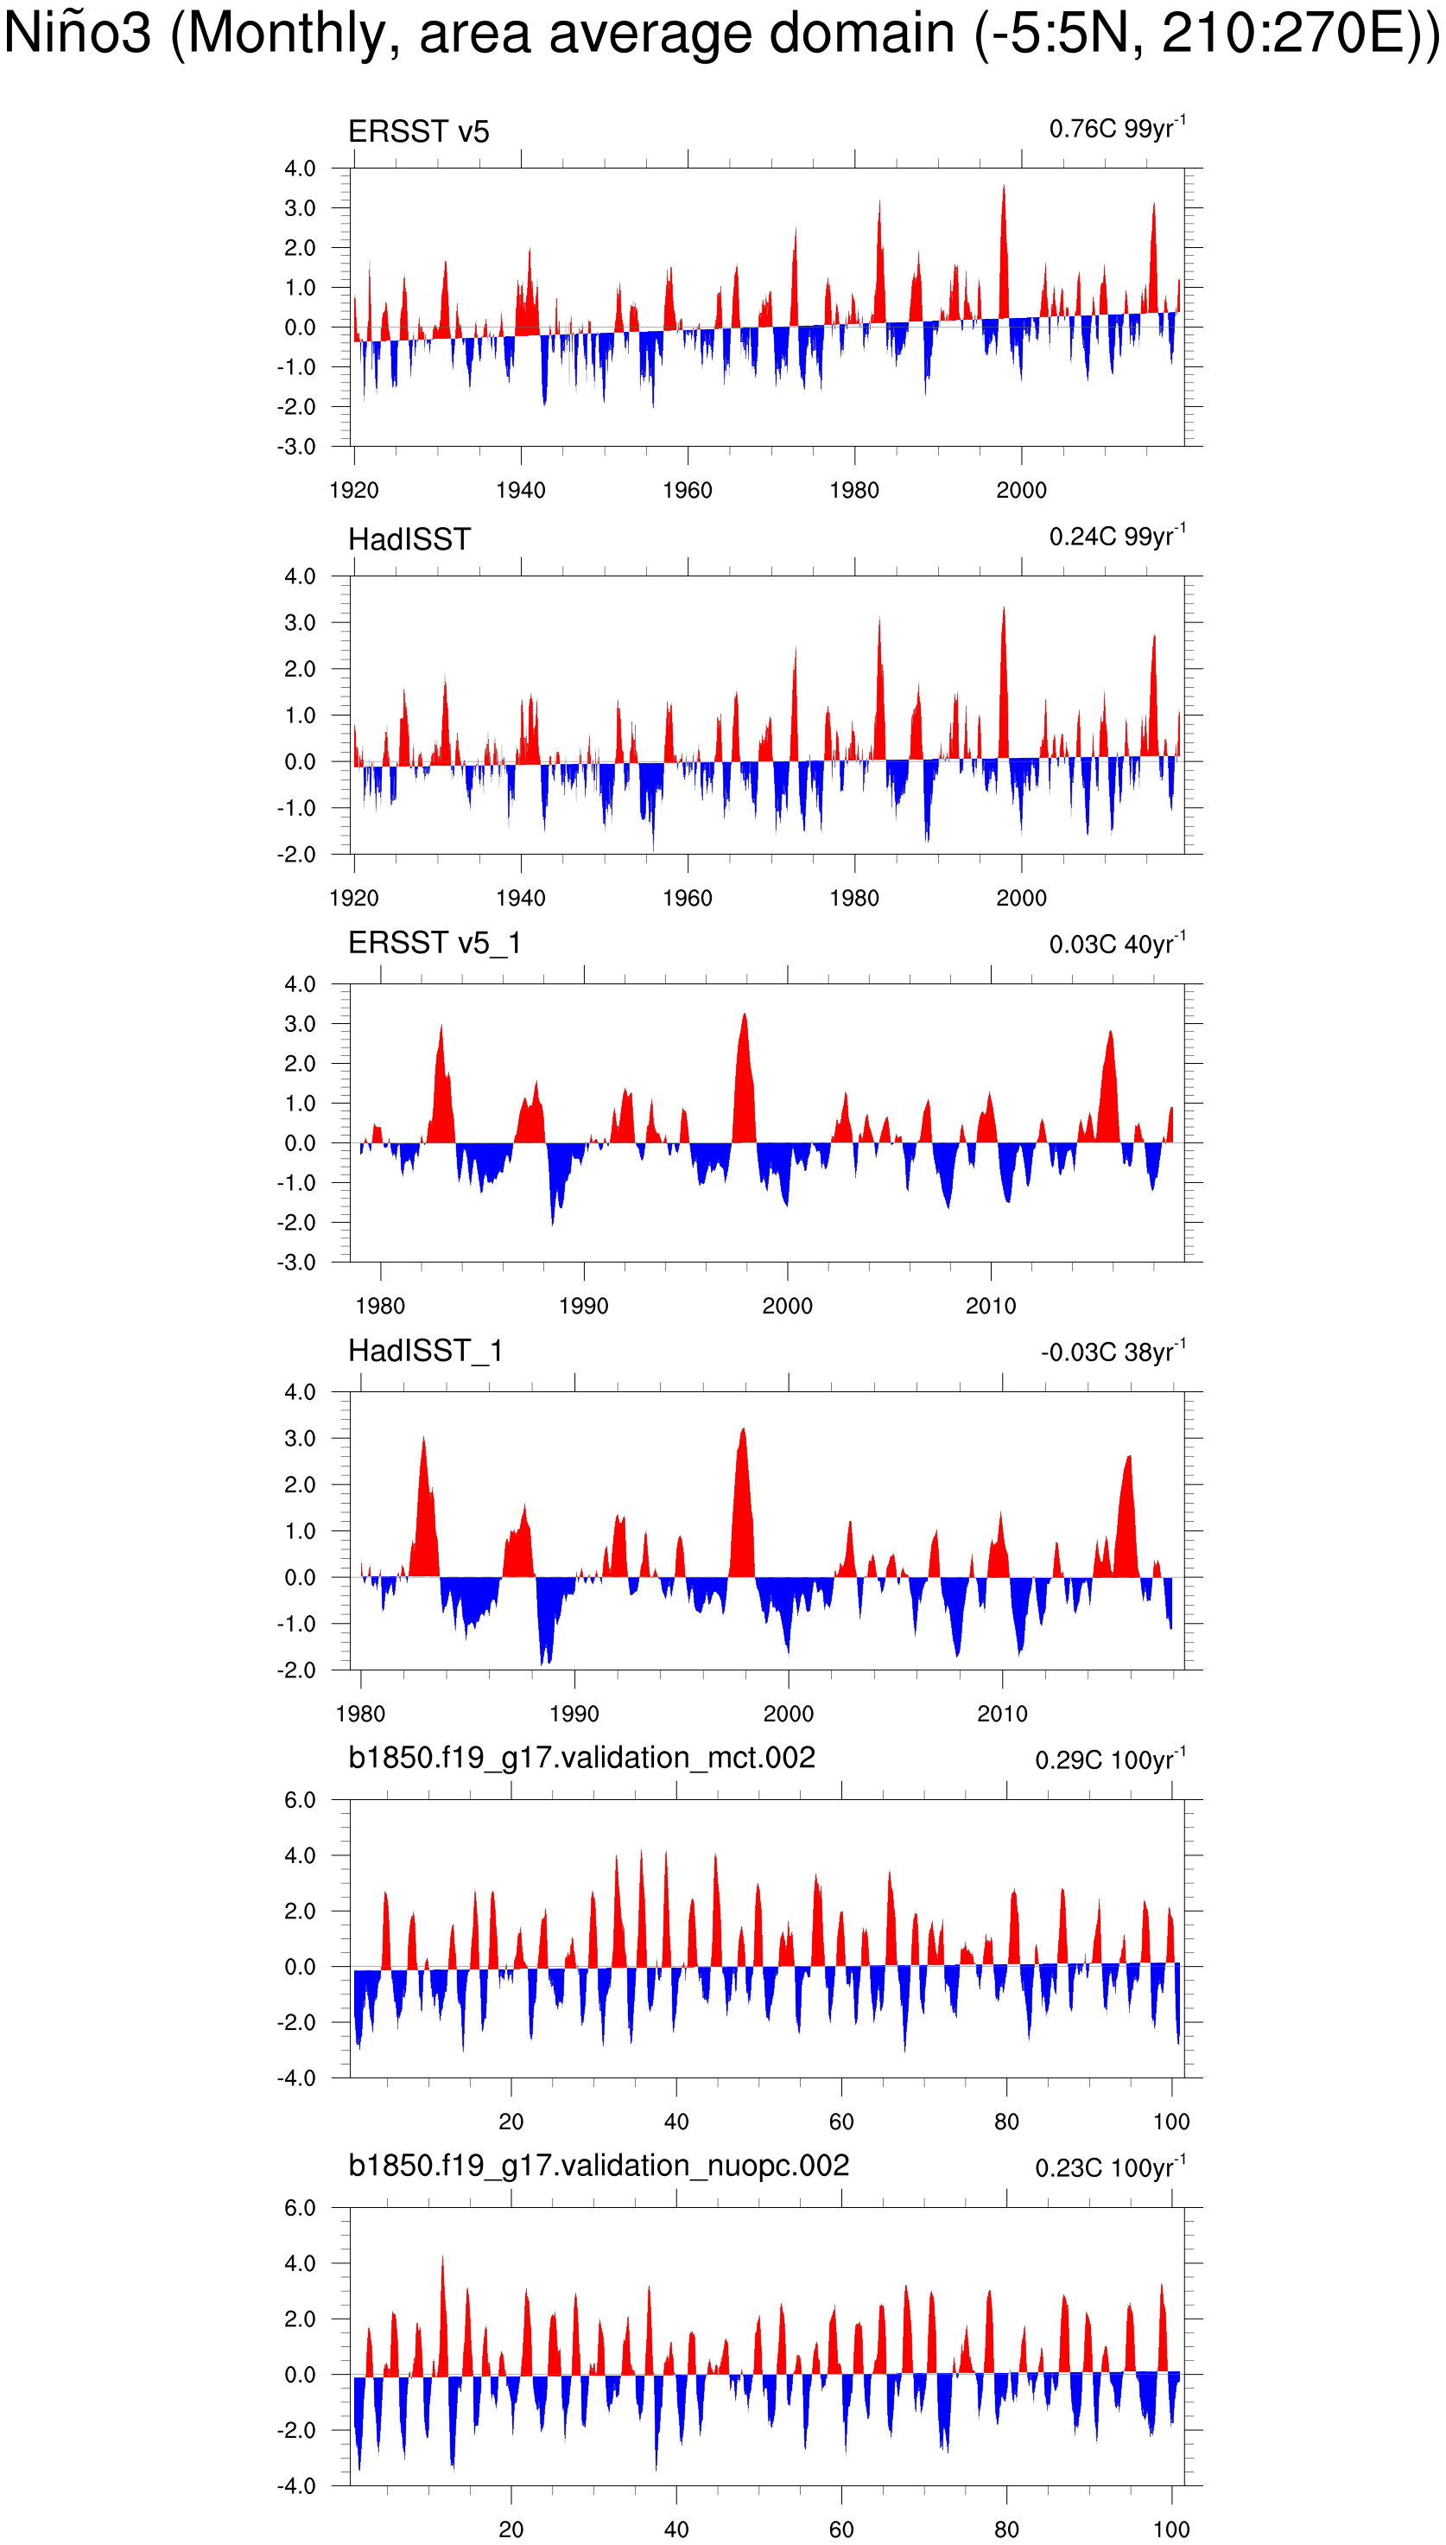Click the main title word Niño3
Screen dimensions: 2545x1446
78,34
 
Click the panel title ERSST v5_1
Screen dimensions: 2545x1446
434,943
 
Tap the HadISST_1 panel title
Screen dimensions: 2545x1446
425,1350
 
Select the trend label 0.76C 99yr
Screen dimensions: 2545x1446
1116,129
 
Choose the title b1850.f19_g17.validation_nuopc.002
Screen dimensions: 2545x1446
598,2165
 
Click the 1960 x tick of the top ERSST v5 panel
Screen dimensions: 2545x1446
688,490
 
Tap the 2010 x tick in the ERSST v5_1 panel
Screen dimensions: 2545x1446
990,1305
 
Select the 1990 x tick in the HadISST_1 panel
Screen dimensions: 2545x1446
574,1713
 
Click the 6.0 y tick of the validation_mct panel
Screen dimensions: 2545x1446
299,1800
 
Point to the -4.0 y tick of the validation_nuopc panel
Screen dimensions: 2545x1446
296,2485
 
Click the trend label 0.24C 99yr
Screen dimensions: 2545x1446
1116,537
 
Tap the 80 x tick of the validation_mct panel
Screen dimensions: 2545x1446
1006,2121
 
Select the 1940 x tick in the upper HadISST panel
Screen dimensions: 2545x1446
520,898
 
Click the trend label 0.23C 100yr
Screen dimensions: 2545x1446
1109,2167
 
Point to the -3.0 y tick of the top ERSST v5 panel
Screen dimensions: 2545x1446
296,447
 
